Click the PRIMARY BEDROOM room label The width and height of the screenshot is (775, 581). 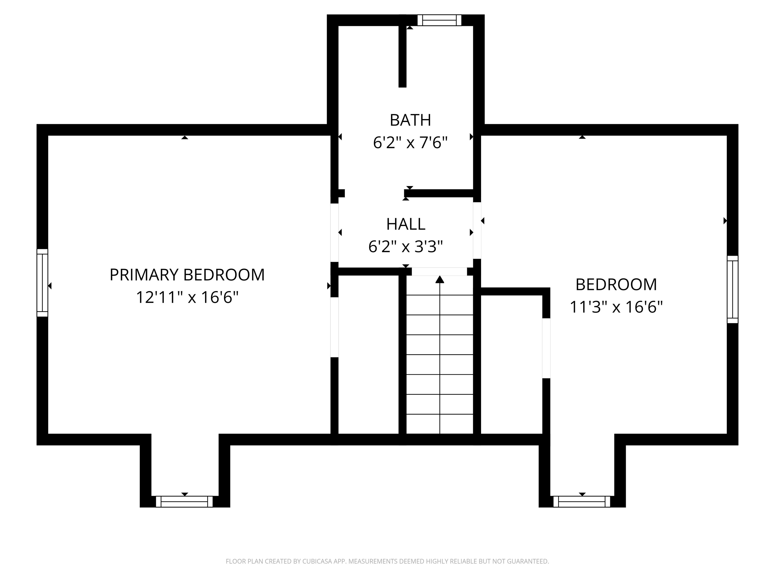[x=187, y=275]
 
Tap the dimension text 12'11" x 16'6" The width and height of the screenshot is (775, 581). [x=187, y=298]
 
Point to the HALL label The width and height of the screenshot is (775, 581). [x=406, y=224]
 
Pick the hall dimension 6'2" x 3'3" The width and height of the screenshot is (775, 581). [x=406, y=247]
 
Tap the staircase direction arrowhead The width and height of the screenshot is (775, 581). [x=440, y=279]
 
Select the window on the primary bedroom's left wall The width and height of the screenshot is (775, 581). [x=42, y=283]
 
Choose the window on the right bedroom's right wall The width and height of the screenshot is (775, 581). [x=733, y=289]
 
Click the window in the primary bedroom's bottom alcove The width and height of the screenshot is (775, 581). [x=184, y=502]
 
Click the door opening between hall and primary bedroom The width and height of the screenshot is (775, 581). [x=335, y=233]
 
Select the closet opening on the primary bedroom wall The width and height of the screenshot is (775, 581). [x=335, y=327]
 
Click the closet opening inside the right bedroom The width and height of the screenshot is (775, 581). [x=546, y=348]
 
